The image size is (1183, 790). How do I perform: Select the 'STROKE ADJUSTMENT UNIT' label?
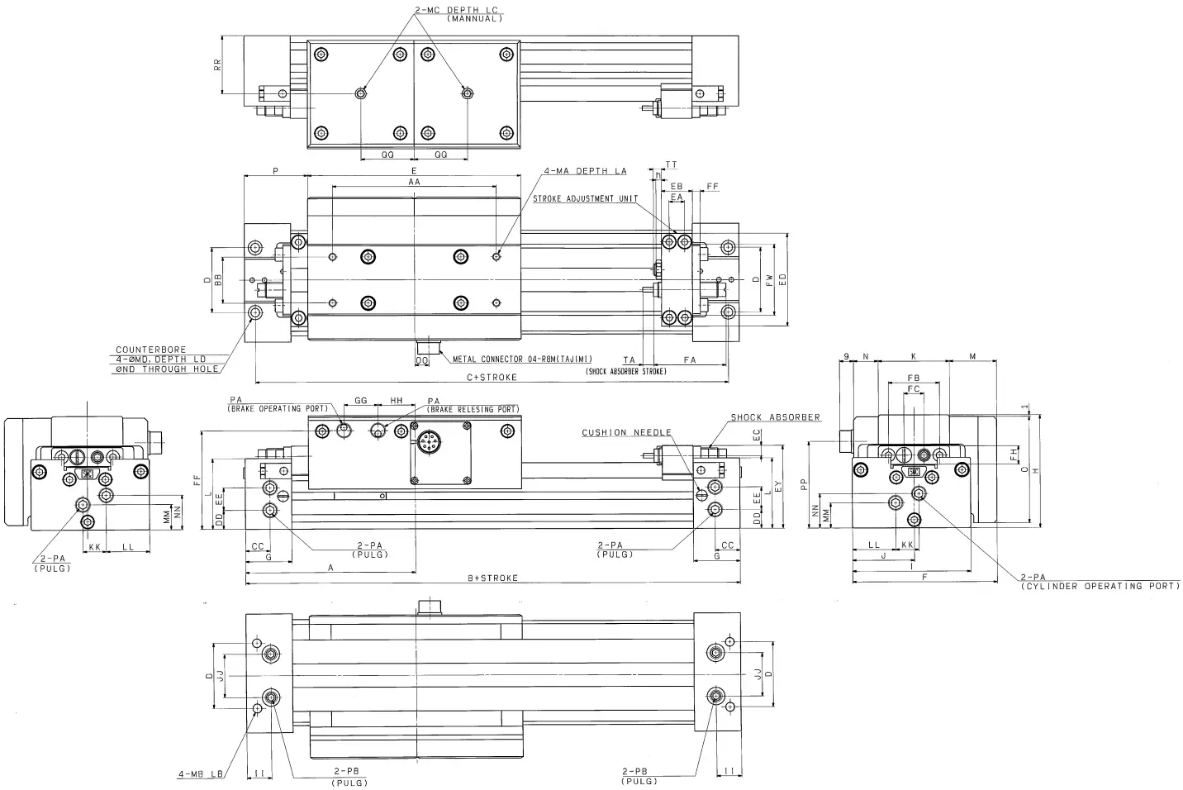click(585, 199)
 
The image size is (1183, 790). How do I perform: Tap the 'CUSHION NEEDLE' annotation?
click(625, 433)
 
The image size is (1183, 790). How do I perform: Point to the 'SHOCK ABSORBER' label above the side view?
click(775, 417)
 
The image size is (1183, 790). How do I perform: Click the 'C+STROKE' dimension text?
click(492, 378)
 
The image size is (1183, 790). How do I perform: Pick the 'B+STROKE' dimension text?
click(492, 578)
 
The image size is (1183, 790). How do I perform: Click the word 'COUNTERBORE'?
click(151, 350)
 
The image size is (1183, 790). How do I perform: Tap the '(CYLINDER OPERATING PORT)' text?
click(1099, 586)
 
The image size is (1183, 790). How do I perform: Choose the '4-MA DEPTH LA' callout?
click(585, 171)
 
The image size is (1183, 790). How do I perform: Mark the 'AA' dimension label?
click(414, 180)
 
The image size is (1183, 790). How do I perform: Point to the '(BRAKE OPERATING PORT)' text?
click(278, 409)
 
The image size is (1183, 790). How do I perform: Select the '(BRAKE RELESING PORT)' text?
click(473, 410)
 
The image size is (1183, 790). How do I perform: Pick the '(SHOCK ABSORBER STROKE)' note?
click(626, 372)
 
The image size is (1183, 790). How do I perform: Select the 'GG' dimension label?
click(360, 400)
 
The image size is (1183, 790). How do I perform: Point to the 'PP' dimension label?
click(803, 487)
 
